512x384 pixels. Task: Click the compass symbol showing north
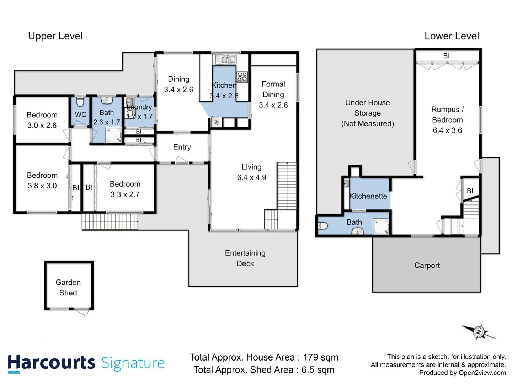[x=479, y=332]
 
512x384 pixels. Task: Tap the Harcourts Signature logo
[x=86, y=363]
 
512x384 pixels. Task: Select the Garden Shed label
[x=68, y=288]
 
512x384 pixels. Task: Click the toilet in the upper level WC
[x=80, y=102]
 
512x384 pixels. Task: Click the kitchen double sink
[x=225, y=60]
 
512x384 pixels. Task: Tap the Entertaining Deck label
[x=245, y=258]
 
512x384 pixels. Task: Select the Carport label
[x=427, y=265]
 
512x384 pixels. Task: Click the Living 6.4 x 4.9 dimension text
[x=251, y=177]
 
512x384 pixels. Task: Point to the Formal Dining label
[x=273, y=89]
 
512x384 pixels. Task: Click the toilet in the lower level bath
[x=322, y=226]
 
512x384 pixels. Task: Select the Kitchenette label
[x=368, y=196]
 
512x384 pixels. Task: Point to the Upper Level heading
[x=55, y=36]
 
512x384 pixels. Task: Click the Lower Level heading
[x=452, y=36]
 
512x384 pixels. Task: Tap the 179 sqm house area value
[x=320, y=357]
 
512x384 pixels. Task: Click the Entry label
[x=182, y=147]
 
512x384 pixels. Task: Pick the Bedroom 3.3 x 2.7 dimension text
[x=125, y=194]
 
